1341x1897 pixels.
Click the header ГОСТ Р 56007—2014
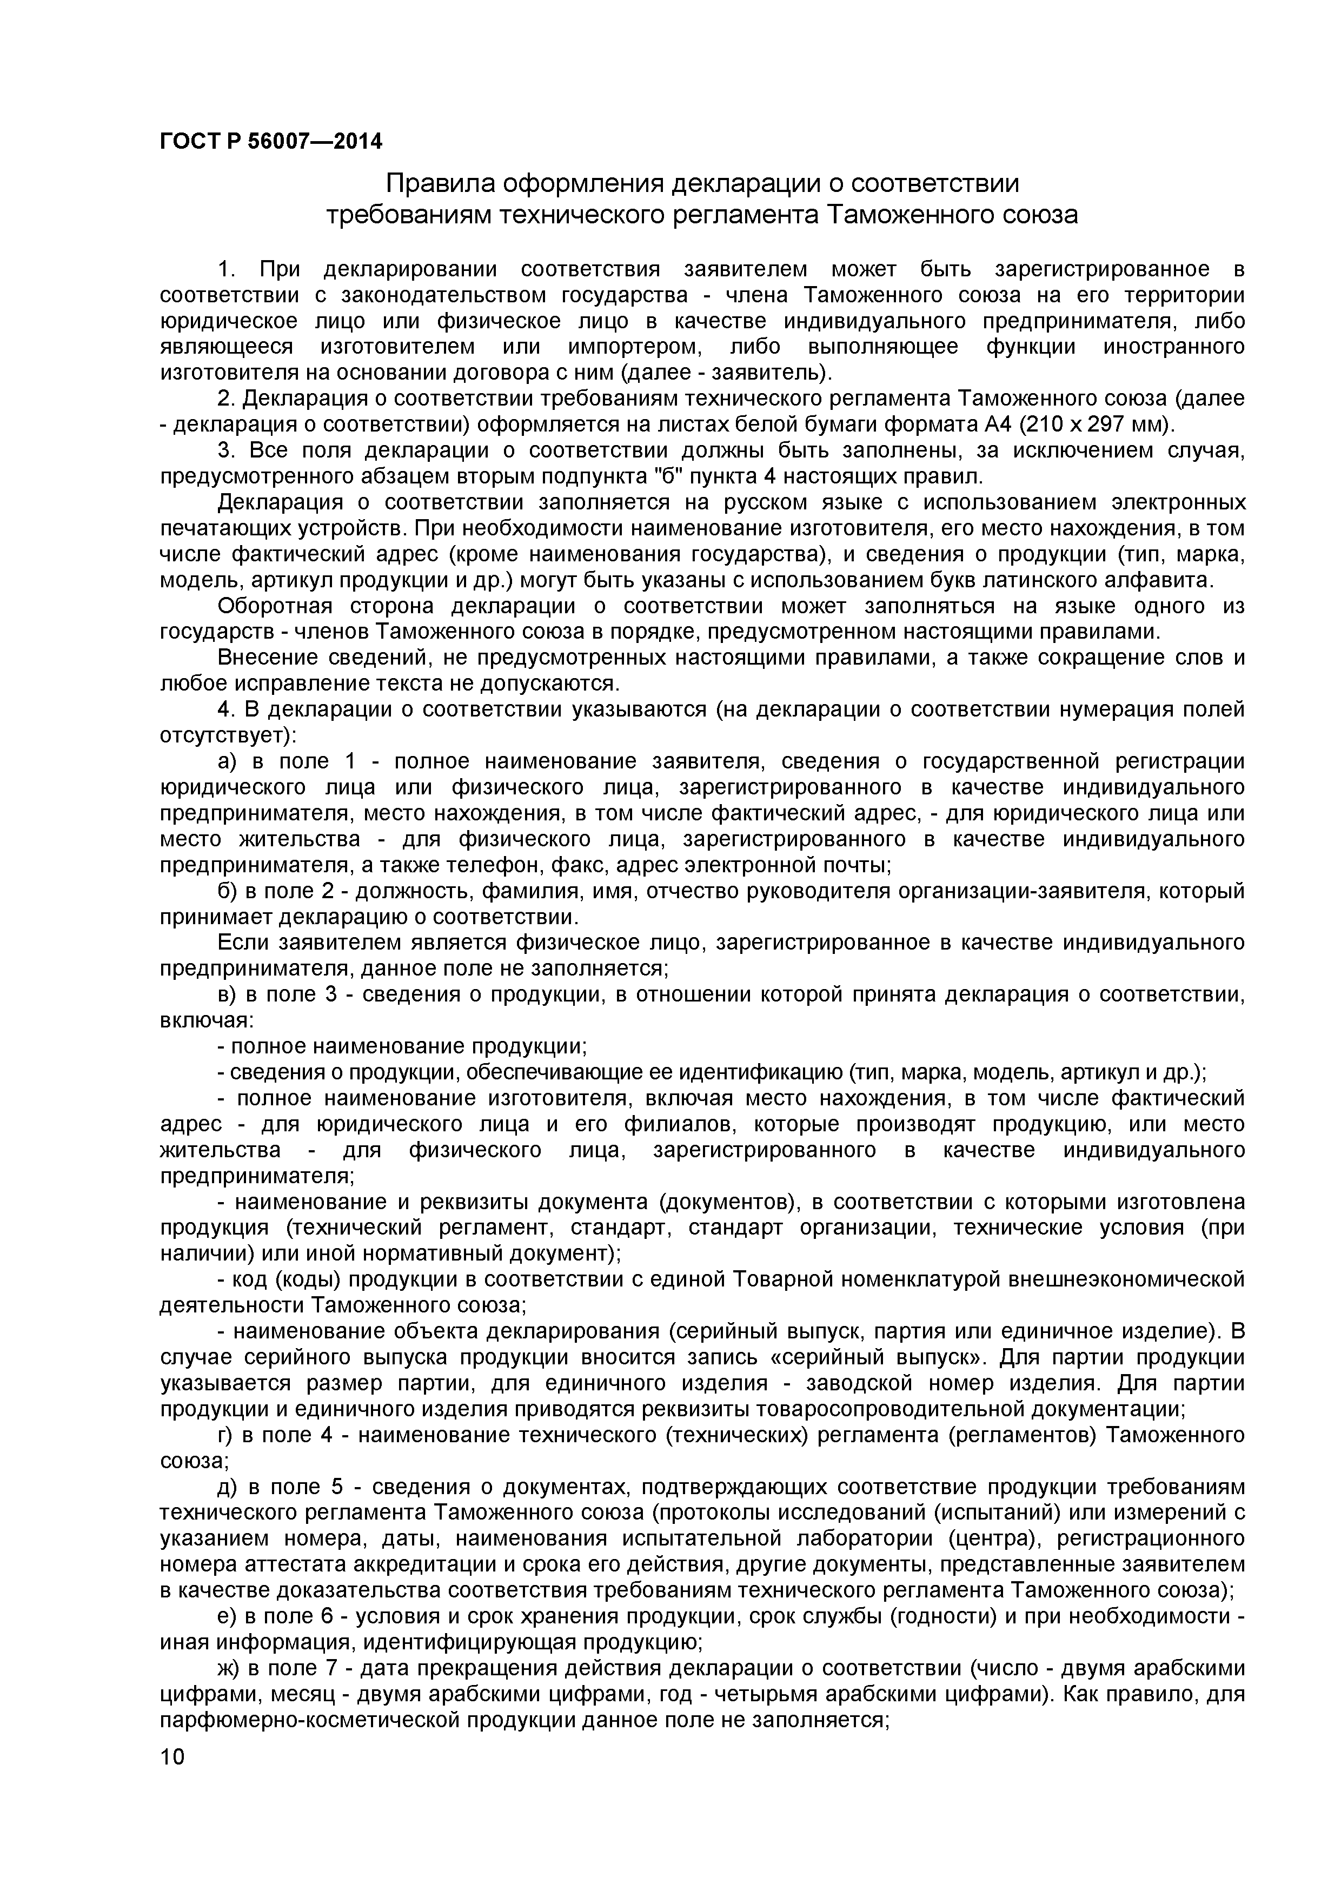click(271, 141)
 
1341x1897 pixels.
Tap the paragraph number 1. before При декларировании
click(227, 269)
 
